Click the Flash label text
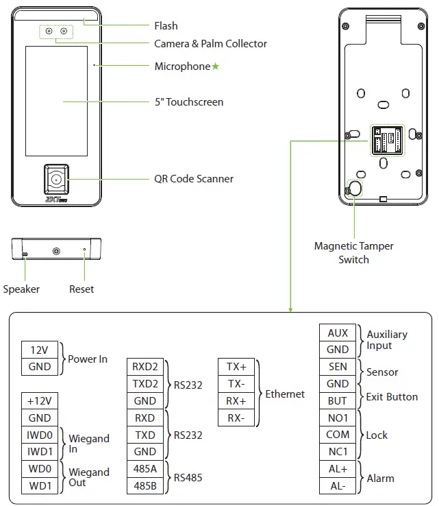(166, 26)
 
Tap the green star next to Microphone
(216, 67)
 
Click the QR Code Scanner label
(194, 179)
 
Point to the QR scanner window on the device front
(57, 180)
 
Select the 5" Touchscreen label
(189, 102)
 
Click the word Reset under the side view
(81, 289)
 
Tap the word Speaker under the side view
(21, 289)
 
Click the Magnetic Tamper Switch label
(353, 253)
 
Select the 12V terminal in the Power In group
(40, 350)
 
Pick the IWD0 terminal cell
(40, 434)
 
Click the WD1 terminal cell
(40, 485)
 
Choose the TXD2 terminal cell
(145, 384)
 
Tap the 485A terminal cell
(145, 469)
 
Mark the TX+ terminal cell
(236, 367)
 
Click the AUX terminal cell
(338, 333)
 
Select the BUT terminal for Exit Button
(338, 400)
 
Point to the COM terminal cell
(338, 435)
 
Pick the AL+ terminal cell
(338, 469)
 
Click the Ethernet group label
(285, 394)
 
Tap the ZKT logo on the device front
(55, 201)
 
